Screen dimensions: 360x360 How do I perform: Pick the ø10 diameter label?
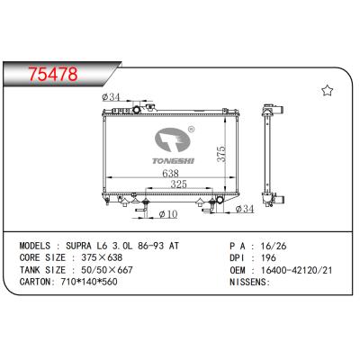[166, 214]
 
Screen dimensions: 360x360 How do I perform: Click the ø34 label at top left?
[112, 96]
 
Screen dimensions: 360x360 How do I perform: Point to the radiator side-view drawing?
[269, 153]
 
